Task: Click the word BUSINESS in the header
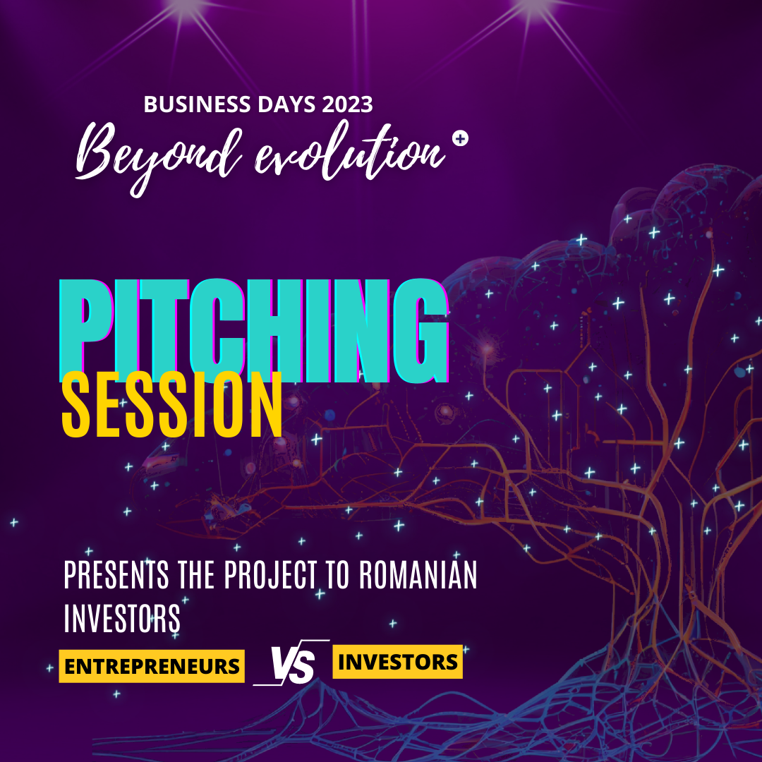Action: click(198, 104)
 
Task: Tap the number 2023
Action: click(347, 104)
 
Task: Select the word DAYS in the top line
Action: click(286, 104)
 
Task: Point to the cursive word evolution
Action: click(350, 151)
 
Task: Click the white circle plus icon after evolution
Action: click(460, 139)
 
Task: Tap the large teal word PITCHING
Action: click(253, 330)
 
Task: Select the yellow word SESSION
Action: click(172, 404)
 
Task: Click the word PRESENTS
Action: click(116, 575)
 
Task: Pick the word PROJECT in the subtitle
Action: click(271, 575)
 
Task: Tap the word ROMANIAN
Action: click(418, 575)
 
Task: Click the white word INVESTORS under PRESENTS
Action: click(122, 618)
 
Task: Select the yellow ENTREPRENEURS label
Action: click(152, 666)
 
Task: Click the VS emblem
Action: click(291, 663)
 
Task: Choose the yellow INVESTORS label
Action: click(397, 662)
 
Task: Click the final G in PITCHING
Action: click(421, 331)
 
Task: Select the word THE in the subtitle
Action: click(196, 575)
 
